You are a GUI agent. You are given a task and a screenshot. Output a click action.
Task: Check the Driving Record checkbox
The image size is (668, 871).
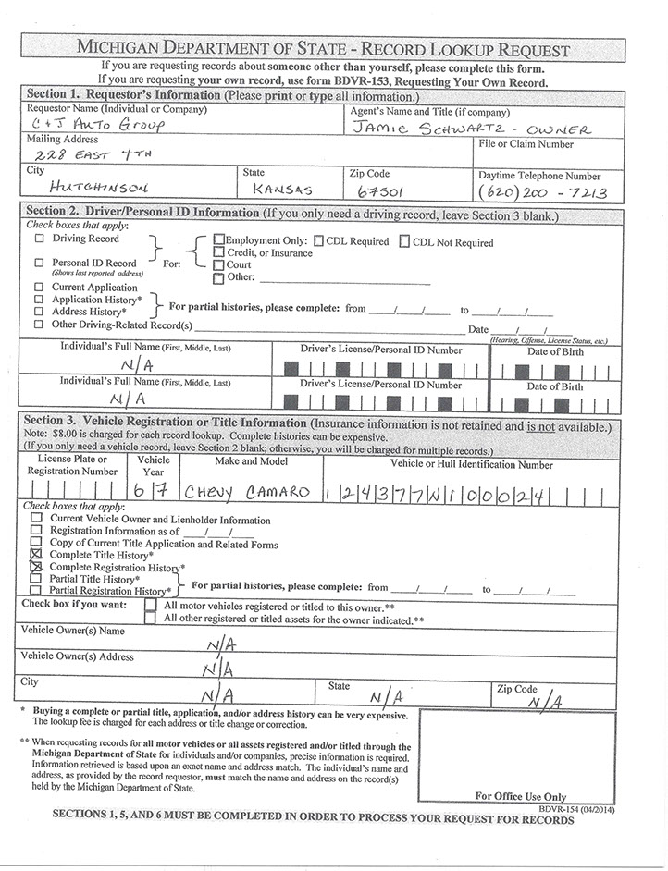coord(39,239)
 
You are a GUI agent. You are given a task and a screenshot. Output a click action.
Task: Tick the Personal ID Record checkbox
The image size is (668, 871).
coord(39,263)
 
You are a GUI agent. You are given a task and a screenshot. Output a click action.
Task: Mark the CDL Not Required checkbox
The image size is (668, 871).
coord(404,242)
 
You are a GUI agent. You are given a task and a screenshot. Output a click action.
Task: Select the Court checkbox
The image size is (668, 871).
coord(218,264)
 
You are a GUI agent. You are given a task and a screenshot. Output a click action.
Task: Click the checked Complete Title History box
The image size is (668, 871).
coord(36,554)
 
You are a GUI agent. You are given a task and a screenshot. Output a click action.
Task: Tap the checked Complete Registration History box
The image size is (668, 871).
coord(36,566)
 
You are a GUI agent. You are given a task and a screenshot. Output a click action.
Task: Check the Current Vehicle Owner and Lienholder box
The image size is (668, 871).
coord(36,519)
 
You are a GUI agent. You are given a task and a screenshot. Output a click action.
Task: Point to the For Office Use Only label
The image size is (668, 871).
coord(520,796)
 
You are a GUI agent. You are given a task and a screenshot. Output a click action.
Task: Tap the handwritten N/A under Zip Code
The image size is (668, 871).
coord(544,702)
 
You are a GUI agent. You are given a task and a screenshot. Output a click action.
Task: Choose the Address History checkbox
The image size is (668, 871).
coord(39,312)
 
